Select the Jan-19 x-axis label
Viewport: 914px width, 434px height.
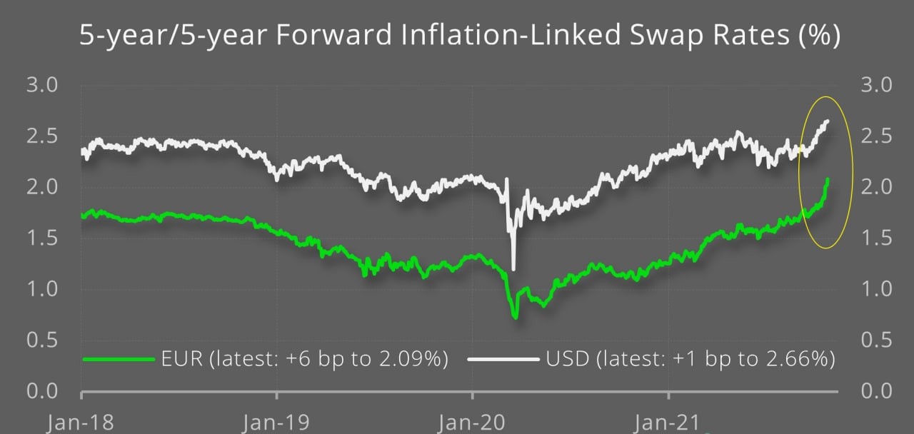click(276, 423)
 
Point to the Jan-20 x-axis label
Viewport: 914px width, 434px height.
click(472, 423)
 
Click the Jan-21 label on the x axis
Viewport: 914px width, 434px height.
click(668, 423)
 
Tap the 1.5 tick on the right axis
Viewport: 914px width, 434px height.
click(876, 238)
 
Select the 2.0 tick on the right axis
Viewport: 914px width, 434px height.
click(876, 187)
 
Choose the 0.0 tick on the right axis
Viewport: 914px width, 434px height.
click(876, 390)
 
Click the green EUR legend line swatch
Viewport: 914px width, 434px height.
click(119, 358)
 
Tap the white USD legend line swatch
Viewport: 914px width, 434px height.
click(503, 358)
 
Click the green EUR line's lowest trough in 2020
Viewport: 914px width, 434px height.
click(516, 317)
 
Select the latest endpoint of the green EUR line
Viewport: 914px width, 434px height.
click(828, 179)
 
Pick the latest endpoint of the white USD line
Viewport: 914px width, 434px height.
click(828, 121)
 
